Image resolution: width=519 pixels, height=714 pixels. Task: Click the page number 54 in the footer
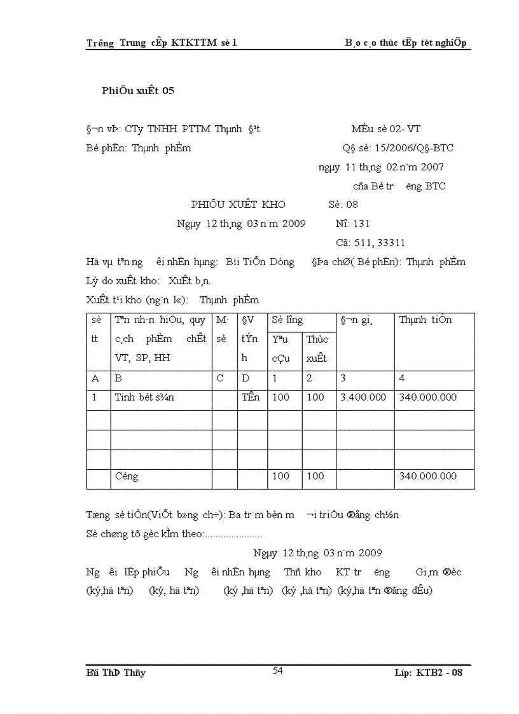(x=278, y=670)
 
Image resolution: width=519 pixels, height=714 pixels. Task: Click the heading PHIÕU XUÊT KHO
(x=239, y=205)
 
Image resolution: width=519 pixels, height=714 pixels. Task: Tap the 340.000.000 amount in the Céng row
(x=427, y=476)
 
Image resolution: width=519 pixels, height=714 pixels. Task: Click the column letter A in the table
(x=96, y=378)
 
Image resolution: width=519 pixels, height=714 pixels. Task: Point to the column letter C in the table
(x=220, y=378)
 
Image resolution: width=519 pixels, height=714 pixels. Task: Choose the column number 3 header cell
(x=344, y=378)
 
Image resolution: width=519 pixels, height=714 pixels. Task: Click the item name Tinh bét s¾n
(x=144, y=397)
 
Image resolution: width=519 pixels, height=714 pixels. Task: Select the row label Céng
(x=127, y=476)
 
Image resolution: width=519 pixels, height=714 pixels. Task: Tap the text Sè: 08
(x=343, y=205)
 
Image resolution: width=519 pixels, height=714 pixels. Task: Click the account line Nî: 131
(x=352, y=224)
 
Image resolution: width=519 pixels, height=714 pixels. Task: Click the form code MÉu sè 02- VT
(x=385, y=129)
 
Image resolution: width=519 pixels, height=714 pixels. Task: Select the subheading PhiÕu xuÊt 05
(x=138, y=90)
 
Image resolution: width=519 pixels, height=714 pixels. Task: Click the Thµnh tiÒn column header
(x=426, y=320)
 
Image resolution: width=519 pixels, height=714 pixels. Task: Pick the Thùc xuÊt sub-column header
(x=317, y=348)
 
